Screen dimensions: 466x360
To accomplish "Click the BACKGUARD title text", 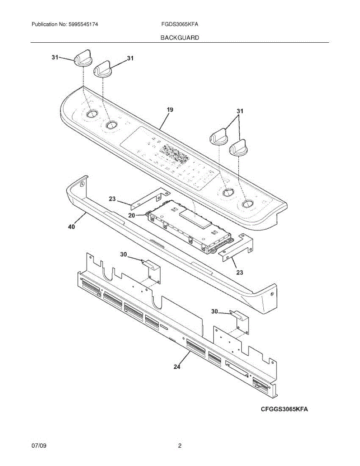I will pyautogui.click(x=179, y=38).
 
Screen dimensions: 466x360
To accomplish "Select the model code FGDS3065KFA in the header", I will pyautogui.click(x=180, y=24).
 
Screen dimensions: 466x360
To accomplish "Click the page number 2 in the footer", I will pyautogui.click(x=180, y=446).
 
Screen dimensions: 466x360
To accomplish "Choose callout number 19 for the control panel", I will pyautogui.click(x=170, y=110).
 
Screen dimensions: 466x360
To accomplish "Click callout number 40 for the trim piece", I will pyautogui.click(x=72, y=227).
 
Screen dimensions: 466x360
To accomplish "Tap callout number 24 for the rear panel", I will pyautogui.click(x=177, y=365).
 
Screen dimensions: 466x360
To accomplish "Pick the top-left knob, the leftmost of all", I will pyautogui.click(x=82, y=58).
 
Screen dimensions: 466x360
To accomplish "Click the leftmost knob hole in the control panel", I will pyautogui.click(x=91, y=113).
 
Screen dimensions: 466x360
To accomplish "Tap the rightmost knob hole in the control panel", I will pyautogui.click(x=247, y=204).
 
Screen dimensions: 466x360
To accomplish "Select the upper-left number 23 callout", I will pyautogui.click(x=112, y=199).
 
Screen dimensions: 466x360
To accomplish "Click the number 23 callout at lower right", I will pyautogui.click(x=240, y=273).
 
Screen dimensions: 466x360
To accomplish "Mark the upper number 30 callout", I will pyautogui.click(x=123, y=254).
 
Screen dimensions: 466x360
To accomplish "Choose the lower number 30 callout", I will pyautogui.click(x=215, y=311).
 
